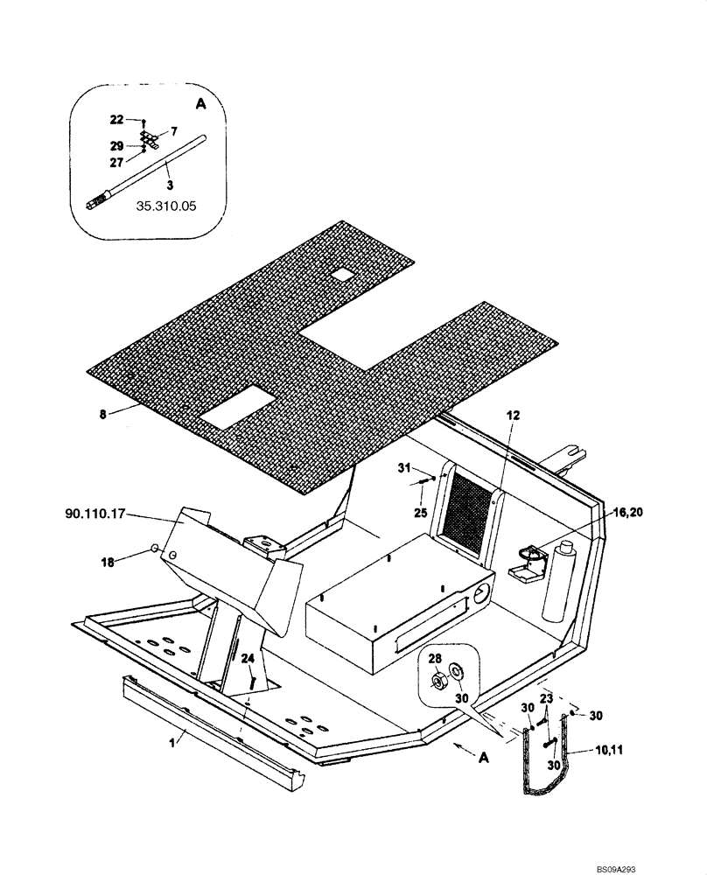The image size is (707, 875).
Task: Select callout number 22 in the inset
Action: point(116,119)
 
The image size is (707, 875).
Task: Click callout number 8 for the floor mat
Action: point(102,414)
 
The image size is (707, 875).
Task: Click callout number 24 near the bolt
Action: point(248,659)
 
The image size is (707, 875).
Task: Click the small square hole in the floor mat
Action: point(343,275)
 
